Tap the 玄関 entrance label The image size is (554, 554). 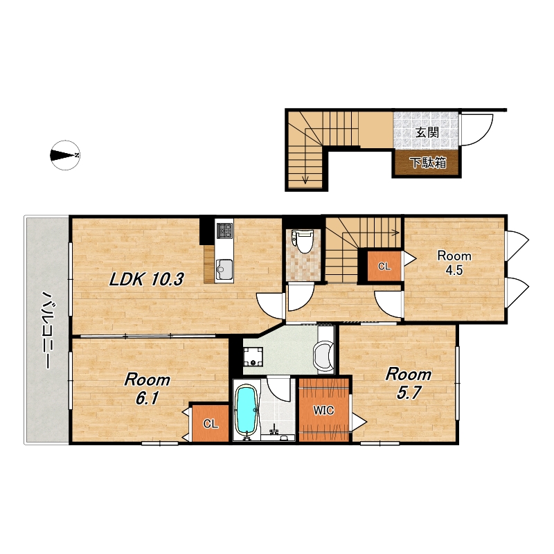tap(427, 132)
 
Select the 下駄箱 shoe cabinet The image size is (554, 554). tap(427, 163)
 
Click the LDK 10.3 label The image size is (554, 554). tap(146, 280)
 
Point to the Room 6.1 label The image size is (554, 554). tap(147, 388)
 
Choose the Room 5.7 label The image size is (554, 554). tap(409, 384)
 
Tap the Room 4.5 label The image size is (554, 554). tap(454, 262)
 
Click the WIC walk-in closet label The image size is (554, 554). tap(323, 410)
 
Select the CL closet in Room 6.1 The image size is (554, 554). tap(211, 424)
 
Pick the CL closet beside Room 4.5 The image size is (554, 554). tap(384, 266)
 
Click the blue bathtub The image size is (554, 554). tap(247, 411)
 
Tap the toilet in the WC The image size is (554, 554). tap(303, 241)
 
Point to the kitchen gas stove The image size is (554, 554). tap(224, 230)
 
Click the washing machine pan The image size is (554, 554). tap(253, 356)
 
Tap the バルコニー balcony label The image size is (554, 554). tap(46, 330)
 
